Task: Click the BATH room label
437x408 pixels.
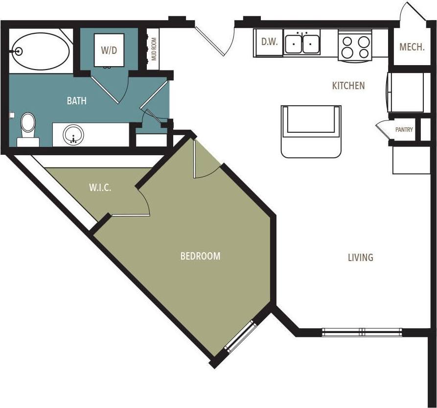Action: pos(77,101)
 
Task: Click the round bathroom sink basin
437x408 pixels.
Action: pos(74,134)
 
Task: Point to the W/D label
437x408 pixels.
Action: pos(109,49)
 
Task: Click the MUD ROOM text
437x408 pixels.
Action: pos(154,49)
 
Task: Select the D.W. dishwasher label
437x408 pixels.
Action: pos(269,42)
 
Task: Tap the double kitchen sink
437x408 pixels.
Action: pos(302,44)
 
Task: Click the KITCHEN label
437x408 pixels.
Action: pos(348,86)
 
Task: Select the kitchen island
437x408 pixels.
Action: pos(311,131)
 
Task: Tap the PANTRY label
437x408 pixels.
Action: pos(404,130)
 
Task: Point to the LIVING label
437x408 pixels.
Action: pos(360,257)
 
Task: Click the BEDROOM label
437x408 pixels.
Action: pos(200,256)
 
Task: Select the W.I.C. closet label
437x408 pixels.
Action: pos(100,188)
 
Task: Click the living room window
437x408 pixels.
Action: pos(362,332)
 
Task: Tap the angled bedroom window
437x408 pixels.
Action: pos(240,336)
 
